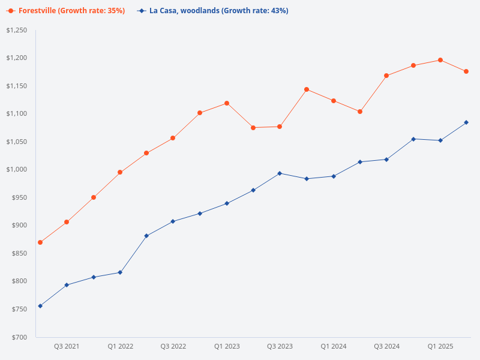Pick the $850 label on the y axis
tap(19, 253)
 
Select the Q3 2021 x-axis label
tap(67, 347)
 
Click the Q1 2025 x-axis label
tap(440, 347)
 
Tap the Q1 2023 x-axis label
tap(227, 347)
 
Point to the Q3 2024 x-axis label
tap(387, 347)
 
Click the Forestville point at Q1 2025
tap(440, 60)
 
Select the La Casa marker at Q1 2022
tap(120, 272)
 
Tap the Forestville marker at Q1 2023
tap(227, 103)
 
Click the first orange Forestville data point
tap(40, 242)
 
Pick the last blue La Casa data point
tap(466, 122)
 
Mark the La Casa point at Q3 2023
tap(280, 173)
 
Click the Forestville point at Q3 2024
tap(386, 76)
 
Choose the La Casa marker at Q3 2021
tap(67, 285)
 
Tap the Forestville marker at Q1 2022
tap(120, 172)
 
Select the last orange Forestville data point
tap(466, 71)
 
